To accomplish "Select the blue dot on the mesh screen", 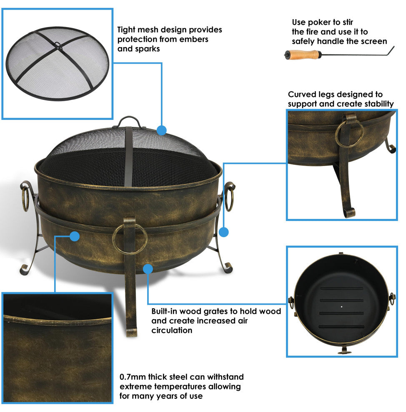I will point(162,130).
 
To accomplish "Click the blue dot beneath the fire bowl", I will point(148,269).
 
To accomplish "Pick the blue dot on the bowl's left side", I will point(75,236).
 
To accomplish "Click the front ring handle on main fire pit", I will point(130,239).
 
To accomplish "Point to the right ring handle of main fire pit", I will point(230,197).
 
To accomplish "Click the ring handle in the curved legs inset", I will point(350,134).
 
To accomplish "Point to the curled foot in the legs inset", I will point(349,212).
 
